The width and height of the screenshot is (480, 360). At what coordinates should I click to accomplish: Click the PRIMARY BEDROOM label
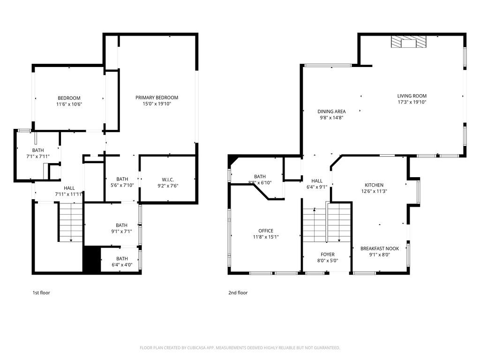(x=157, y=97)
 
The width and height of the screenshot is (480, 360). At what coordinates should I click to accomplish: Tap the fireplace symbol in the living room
(x=409, y=43)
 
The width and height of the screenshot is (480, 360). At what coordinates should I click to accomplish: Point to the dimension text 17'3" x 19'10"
(x=412, y=102)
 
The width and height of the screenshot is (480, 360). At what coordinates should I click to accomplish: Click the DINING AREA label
(x=331, y=112)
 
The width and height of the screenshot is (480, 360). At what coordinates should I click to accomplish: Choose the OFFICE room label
(x=266, y=231)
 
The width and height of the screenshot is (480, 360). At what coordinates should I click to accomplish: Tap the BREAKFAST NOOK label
(x=379, y=248)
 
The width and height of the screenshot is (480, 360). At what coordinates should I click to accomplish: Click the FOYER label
(x=328, y=255)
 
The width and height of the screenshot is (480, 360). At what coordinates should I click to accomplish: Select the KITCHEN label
(x=374, y=185)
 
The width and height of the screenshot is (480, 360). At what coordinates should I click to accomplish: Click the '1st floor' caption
(x=41, y=293)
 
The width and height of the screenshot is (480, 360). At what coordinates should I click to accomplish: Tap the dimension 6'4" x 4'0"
(x=122, y=265)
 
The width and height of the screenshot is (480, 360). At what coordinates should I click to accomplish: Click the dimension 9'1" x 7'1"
(x=121, y=231)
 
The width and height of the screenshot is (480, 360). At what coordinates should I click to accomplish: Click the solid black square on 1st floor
(x=91, y=259)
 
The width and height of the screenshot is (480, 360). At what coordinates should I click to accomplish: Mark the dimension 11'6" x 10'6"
(x=69, y=105)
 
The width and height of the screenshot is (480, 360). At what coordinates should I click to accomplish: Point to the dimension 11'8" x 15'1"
(x=266, y=237)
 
